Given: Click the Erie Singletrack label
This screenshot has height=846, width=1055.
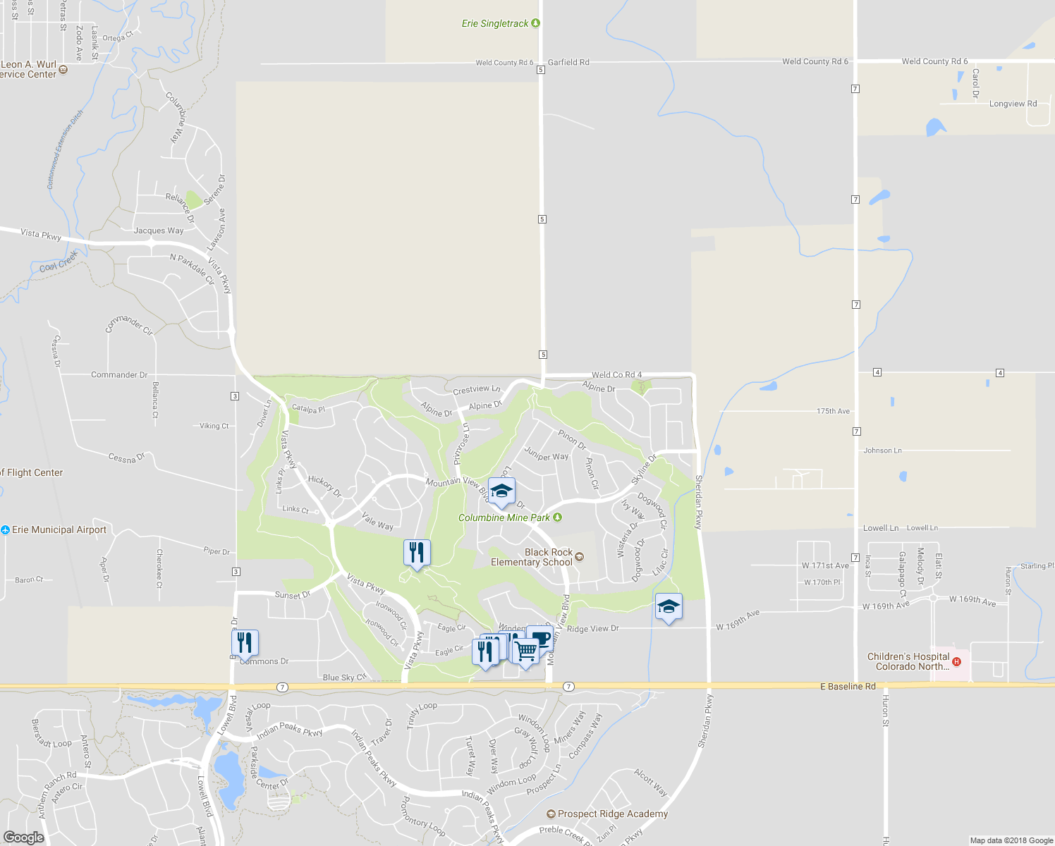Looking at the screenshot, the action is click(x=495, y=24).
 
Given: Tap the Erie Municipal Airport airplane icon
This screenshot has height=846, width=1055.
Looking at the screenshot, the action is click(x=5, y=529).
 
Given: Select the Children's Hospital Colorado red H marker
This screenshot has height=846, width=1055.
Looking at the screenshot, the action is click(x=956, y=661).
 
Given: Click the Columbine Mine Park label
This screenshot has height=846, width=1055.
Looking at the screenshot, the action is click(x=504, y=517).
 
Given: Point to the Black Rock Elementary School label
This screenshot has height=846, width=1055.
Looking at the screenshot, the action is click(x=532, y=557).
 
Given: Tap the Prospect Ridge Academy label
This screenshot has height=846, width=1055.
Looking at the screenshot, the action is click(x=612, y=814).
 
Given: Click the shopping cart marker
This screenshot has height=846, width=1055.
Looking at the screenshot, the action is click(x=525, y=651).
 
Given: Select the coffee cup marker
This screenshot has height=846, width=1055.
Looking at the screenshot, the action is click(x=540, y=638).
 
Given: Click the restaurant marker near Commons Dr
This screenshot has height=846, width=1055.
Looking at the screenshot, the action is click(x=245, y=642).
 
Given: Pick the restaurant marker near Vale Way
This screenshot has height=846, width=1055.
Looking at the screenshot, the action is click(x=417, y=552).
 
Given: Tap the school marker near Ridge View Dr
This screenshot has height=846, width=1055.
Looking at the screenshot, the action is click(x=669, y=606).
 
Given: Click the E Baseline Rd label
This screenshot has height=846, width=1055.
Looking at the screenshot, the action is click(x=848, y=686).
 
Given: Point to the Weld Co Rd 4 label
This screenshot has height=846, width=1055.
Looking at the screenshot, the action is click(x=616, y=374).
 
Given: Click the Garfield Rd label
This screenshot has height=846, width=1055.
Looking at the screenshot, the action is click(x=568, y=62).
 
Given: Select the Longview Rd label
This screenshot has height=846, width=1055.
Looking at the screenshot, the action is click(x=1013, y=104).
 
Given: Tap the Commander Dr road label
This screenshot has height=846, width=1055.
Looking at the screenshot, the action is click(x=119, y=374).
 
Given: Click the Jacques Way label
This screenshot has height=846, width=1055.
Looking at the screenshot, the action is click(x=159, y=231).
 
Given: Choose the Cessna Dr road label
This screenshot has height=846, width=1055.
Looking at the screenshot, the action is click(x=127, y=458).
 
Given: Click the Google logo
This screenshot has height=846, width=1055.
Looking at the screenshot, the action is click(x=23, y=837).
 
